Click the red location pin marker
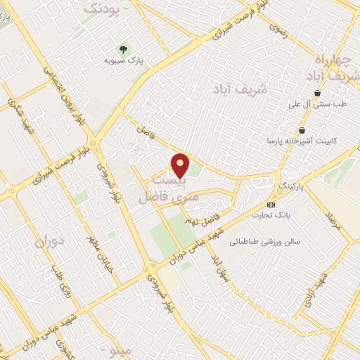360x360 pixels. pos(181,165)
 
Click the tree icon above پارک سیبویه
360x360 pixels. pos(124,49)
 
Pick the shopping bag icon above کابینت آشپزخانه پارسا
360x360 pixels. pos(302,130)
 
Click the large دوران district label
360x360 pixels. pos(50,243)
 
